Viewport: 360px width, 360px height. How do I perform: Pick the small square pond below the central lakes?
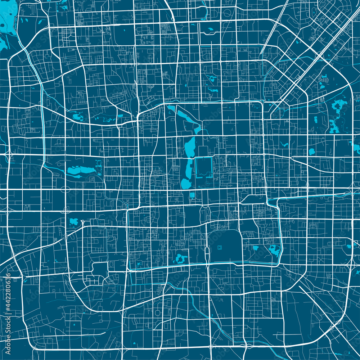(192, 195)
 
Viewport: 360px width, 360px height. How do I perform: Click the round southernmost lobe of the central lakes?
(186, 184)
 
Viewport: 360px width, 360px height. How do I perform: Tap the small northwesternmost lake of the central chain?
(171, 108)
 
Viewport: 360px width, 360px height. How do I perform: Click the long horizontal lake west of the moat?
(80, 170)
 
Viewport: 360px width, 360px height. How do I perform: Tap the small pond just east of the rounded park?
(256, 248)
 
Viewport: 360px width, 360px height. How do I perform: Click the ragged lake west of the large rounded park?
(180, 258)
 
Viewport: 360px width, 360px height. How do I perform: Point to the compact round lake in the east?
(312, 152)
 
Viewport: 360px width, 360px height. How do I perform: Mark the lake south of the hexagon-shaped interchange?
(74, 221)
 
